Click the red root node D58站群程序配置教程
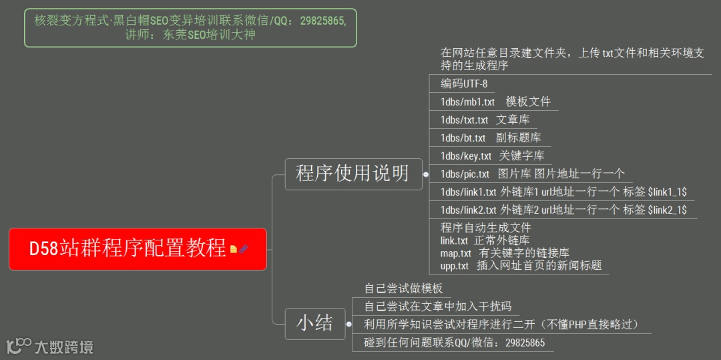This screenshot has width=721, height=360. pos(127,249)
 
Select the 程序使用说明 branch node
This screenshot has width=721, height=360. pos(353,174)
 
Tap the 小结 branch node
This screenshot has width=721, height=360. pos(315,324)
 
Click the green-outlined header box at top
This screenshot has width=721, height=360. pos(190,27)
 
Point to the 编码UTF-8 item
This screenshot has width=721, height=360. pos(464,84)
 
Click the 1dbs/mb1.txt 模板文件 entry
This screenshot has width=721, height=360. pos(495,102)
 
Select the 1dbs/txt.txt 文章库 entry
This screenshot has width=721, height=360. pos(485,120)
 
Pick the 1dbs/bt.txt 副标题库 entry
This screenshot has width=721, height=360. pos(491,138)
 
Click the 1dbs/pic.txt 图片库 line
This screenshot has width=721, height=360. pos(532,174)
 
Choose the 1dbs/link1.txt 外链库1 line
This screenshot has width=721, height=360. pos(563,192)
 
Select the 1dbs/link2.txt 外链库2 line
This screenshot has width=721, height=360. pos(563,210)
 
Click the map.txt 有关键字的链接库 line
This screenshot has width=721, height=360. pos(505,254)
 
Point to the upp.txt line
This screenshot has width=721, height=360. pos(521,266)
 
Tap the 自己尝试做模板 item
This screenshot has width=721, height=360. pos(403,289)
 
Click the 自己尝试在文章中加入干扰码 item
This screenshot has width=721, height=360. pos(438,307)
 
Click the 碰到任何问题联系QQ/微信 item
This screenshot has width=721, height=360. pos(454,343)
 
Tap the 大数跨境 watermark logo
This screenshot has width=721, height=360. pos(50,347)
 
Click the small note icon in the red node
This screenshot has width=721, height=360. pos(234,249)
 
